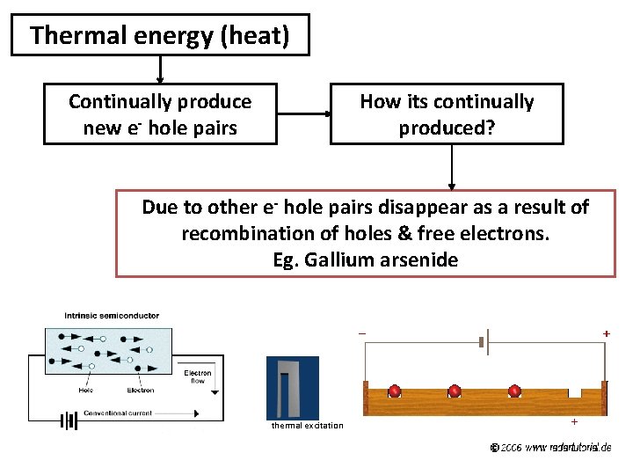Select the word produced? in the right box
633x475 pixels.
pos(447,128)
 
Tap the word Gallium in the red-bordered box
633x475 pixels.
pos(338,260)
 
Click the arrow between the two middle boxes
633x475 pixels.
pos(303,113)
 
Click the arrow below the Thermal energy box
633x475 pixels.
pos(160,69)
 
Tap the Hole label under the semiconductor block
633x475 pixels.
pos(85,390)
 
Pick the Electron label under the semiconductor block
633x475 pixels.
pos(140,390)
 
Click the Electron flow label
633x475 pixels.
pos(197,377)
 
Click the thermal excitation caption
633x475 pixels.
pos(307,426)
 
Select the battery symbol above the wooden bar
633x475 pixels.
pos(484,340)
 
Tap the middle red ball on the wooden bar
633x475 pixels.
pos(455,391)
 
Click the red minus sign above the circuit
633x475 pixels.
pos(362,333)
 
